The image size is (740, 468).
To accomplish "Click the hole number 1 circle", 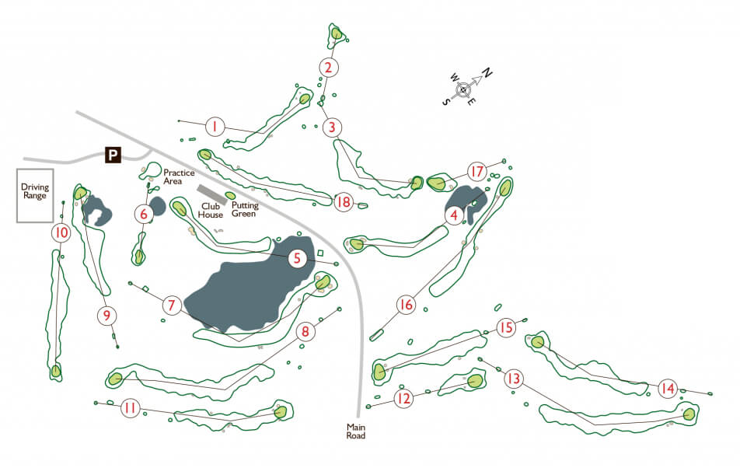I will pyautogui.click(x=215, y=126).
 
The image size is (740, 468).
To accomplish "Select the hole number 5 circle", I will pyautogui.click(x=297, y=258).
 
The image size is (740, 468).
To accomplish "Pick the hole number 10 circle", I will pyautogui.click(x=61, y=232).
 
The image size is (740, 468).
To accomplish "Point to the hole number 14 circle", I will pyautogui.click(x=667, y=388).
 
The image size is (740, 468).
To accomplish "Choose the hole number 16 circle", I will pyautogui.click(x=406, y=305).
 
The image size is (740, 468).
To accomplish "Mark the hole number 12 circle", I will pyautogui.click(x=403, y=399).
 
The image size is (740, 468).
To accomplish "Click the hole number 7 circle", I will pyautogui.click(x=172, y=306).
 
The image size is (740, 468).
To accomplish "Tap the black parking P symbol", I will pyautogui.click(x=113, y=155).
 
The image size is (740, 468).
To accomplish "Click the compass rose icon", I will pyautogui.click(x=464, y=89).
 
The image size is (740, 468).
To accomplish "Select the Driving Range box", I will pyautogui.click(x=35, y=196).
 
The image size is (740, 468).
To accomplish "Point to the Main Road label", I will pyautogui.click(x=356, y=431).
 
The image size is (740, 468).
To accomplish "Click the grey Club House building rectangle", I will pyautogui.click(x=211, y=194).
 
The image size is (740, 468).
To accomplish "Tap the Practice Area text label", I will pyautogui.click(x=178, y=176).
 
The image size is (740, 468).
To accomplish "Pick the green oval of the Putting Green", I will pyautogui.click(x=230, y=195).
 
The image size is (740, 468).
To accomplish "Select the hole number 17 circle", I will pyautogui.click(x=476, y=171).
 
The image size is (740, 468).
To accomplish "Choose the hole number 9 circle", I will pyautogui.click(x=107, y=316).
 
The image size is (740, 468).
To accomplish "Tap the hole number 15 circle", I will pyautogui.click(x=506, y=328).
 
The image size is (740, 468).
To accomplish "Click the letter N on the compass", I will pyautogui.click(x=487, y=73).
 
